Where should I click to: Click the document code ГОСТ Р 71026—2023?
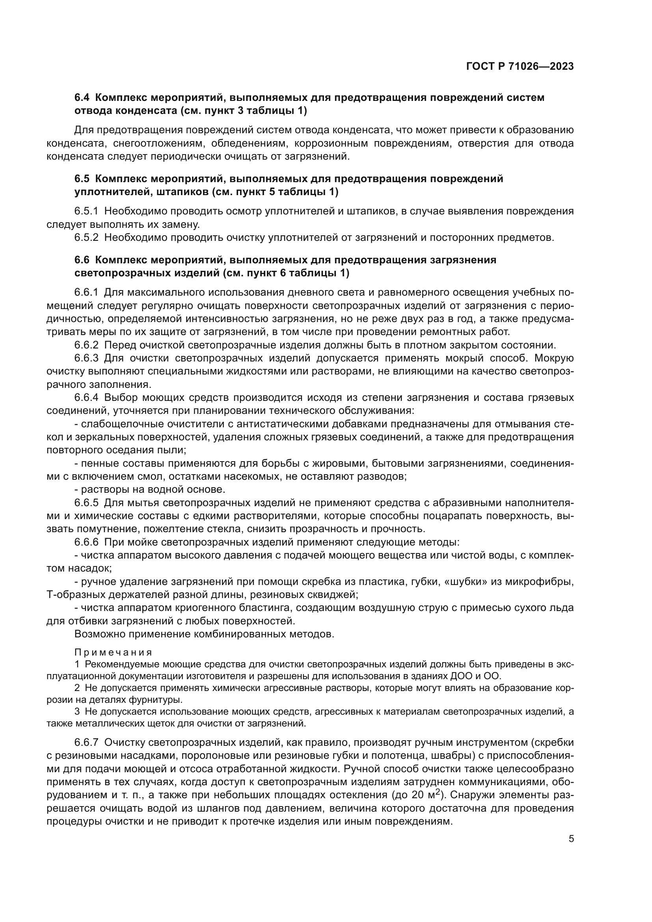[x=520, y=67]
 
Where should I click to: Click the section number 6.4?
[x=82, y=98]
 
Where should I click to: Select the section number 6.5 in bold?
[x=82, y=179]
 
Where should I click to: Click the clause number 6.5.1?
[x=86, y=211]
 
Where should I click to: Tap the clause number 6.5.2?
[x=86, y=238]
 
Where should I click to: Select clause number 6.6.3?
[x=86, y=358]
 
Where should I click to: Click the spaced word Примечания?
[x=113, y=652]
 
